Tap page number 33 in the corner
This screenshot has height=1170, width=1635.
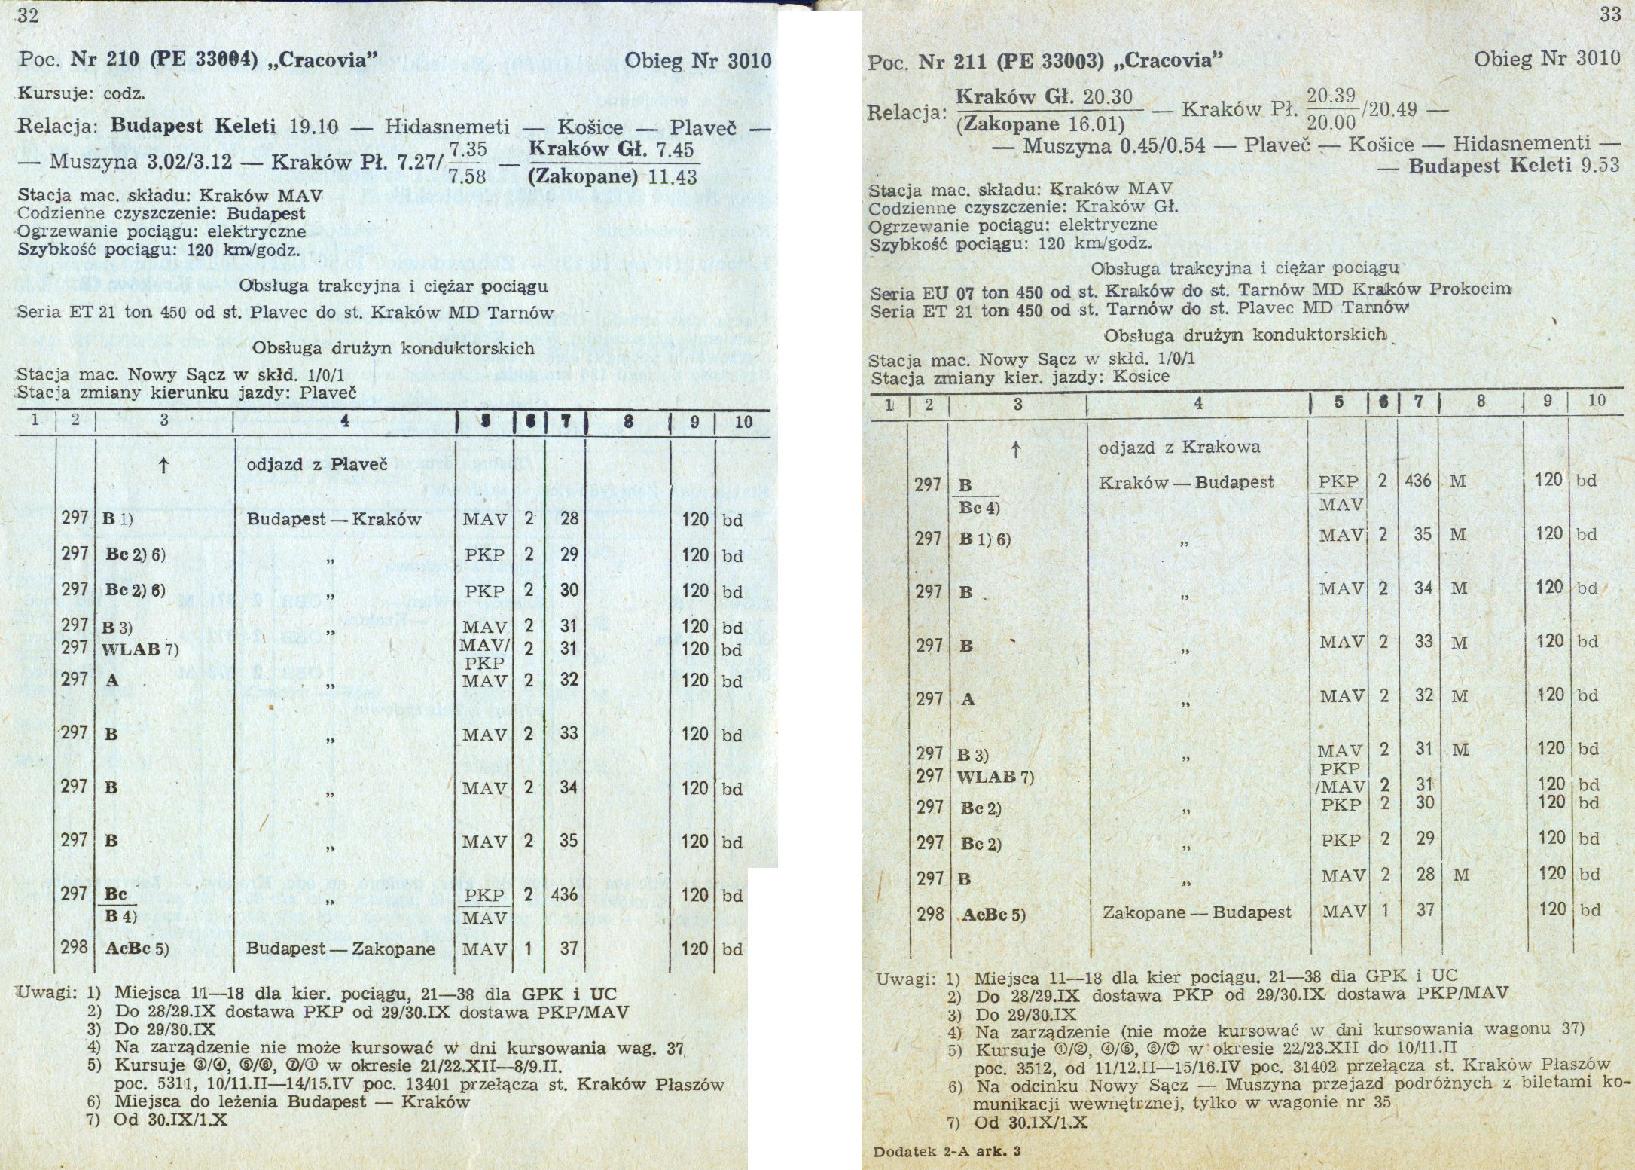click(1609, 15)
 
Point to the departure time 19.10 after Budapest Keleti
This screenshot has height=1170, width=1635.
click(314, 126)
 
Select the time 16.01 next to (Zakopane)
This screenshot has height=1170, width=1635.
click(1100, 124)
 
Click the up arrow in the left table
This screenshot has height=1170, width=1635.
click(163, 464)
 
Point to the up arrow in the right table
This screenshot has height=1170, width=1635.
click(1016, 451)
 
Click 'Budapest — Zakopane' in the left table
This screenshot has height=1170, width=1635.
click(340, 949)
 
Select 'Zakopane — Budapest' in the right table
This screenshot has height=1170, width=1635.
click(1197, 912)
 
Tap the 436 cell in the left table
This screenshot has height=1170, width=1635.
click(564, 895)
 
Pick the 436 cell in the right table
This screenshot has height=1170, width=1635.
click(1418, 480)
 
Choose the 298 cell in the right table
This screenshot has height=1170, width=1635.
click(930, 913)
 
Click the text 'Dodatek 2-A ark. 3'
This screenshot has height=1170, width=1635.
click(947, 1151)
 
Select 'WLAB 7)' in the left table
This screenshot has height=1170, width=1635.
click(140, 649)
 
